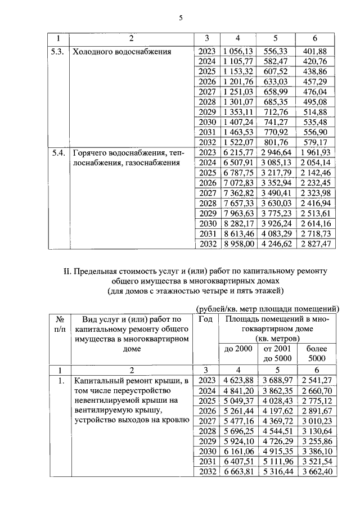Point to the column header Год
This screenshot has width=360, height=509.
click(x=205, y=319)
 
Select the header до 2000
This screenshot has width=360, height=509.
click(x=237, y=349)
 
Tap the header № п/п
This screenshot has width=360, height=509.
click(x=58, y=323)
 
